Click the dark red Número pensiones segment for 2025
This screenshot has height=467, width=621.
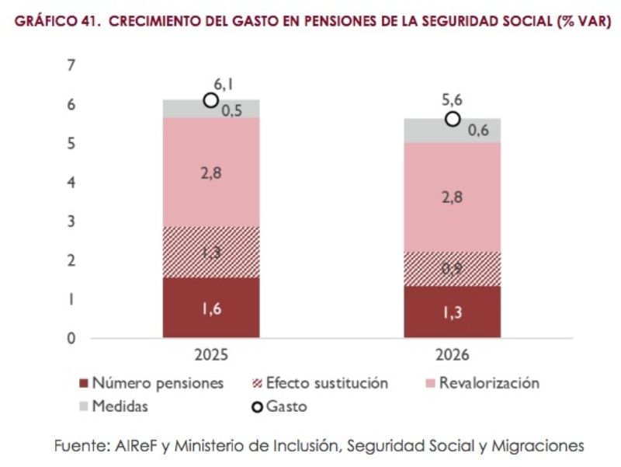[211, 308]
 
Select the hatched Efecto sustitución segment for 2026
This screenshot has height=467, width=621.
[452, 269]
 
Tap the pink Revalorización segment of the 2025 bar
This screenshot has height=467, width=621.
[211, 173]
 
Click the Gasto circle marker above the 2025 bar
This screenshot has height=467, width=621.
[210, 100]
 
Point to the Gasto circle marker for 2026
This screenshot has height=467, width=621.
[453, 119]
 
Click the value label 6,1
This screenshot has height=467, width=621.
[224, 83]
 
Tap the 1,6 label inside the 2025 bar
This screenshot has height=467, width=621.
[211, 309]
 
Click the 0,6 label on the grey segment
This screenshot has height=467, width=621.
[478, 131]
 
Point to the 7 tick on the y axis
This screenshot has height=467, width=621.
[71, 66]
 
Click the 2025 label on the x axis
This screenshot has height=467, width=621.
[210, 356]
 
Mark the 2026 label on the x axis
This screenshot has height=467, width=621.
[452, 356]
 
